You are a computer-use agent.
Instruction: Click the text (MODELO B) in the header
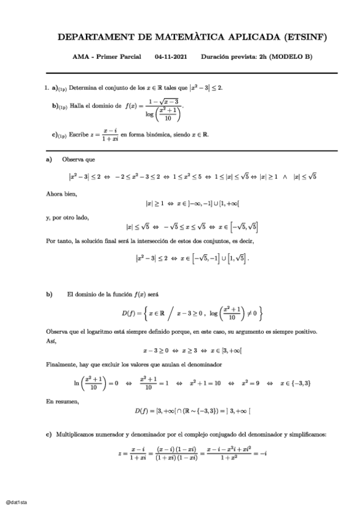(291, 58)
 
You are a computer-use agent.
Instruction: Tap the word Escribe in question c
(80, 135)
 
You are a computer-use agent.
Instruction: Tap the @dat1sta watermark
(16, 501)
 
